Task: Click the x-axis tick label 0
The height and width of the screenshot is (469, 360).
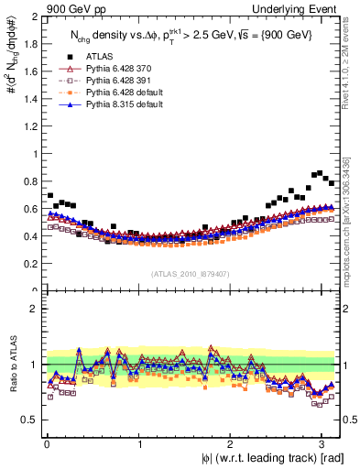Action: (47, 444)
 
